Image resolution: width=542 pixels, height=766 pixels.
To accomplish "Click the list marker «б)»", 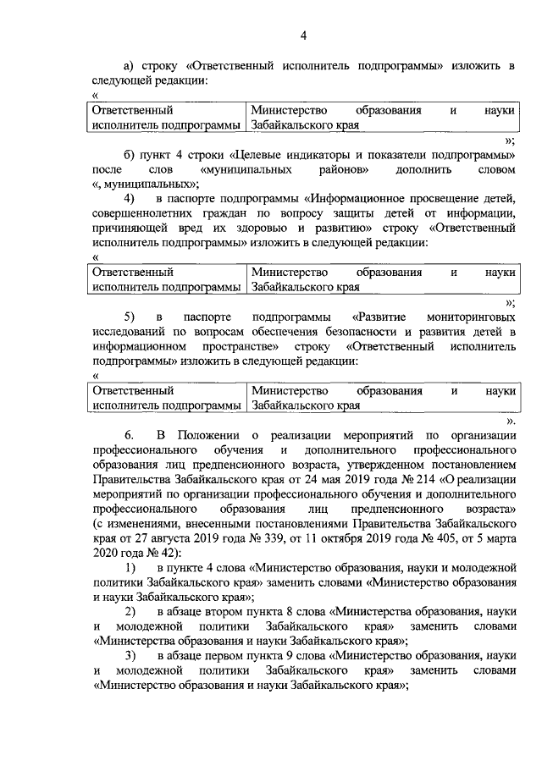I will pos(131,156).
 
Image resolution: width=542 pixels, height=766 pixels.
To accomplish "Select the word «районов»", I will pos(343,169).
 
